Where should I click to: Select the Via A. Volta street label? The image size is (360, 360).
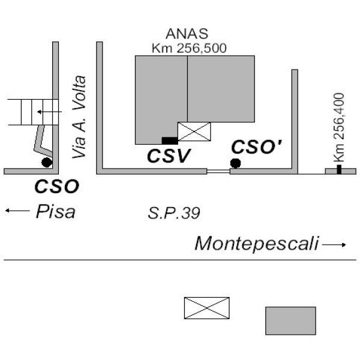[79, 117]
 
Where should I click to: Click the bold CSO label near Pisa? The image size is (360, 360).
[56, 187]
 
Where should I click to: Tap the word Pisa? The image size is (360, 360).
[55, 212]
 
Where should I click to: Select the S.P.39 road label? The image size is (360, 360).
[173, 212]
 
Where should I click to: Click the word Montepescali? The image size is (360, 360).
[257, 244]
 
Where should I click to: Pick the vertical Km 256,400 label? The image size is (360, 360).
[339, 127]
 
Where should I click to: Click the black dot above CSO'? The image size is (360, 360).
[235, 163]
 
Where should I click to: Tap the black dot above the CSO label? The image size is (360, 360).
[46, 162]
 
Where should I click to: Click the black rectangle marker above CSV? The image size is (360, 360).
[170, 140]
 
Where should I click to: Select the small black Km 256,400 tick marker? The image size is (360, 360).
[339, 170]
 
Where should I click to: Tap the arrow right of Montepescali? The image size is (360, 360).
[335, 245]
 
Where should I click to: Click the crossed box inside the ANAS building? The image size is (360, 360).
[194, 131]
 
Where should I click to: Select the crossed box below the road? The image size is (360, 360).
[206, 308]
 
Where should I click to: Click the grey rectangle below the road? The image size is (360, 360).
[290, 320]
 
